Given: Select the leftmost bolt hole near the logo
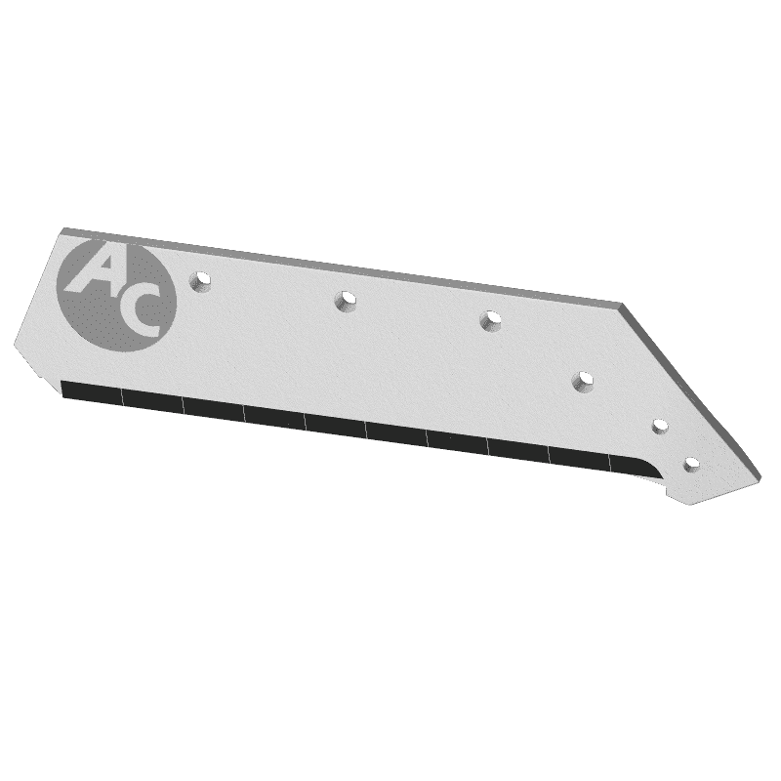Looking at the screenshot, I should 203,281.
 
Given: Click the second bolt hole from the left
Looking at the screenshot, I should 345,301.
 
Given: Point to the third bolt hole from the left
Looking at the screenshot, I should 490,318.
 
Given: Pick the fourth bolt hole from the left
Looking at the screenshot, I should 584,380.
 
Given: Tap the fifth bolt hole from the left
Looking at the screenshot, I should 659,426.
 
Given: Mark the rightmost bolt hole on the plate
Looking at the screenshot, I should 692,464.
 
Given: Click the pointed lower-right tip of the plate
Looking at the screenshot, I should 689,504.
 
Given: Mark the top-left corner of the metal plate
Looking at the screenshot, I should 63,230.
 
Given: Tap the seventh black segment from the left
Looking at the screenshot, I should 457,440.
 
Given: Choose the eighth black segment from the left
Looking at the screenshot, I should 518,449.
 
